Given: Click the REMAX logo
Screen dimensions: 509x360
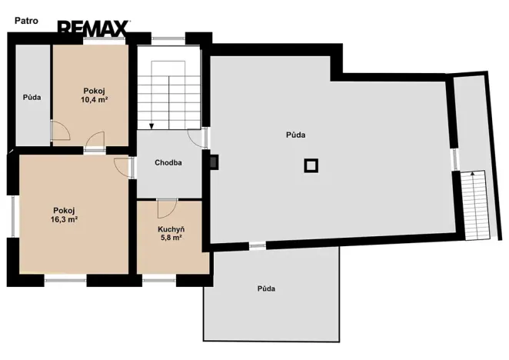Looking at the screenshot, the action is click(x=94, y=27).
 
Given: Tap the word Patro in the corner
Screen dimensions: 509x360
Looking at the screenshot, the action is click(x=26, y=21).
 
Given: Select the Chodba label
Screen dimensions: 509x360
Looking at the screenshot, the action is click(x=168, y=163).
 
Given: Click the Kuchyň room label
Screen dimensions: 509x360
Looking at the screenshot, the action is click(x=171, y=229).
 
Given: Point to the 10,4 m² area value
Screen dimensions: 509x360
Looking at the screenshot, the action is click(x=94, y=99).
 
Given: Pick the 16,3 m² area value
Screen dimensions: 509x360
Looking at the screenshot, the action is click(x=64, y=219).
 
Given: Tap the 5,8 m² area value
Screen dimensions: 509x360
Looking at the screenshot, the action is click(x=171, y=238).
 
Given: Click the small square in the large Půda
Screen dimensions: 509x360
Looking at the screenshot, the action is click(x=311, y=165).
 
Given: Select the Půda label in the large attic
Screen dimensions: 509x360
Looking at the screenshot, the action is click(x=296, y=135).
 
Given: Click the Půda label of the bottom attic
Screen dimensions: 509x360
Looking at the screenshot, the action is click(x=266, y=288).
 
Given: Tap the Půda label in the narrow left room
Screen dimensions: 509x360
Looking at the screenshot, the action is click(x=32, y=97).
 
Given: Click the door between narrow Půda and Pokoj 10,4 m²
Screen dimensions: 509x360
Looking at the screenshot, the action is click(x=62, y=131).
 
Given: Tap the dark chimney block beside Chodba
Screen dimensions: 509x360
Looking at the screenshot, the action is click(x=214, y=162).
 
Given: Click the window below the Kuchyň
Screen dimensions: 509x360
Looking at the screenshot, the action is click(x=159, y=279).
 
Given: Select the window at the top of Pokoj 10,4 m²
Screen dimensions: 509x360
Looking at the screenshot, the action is click(x=104, y=40).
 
